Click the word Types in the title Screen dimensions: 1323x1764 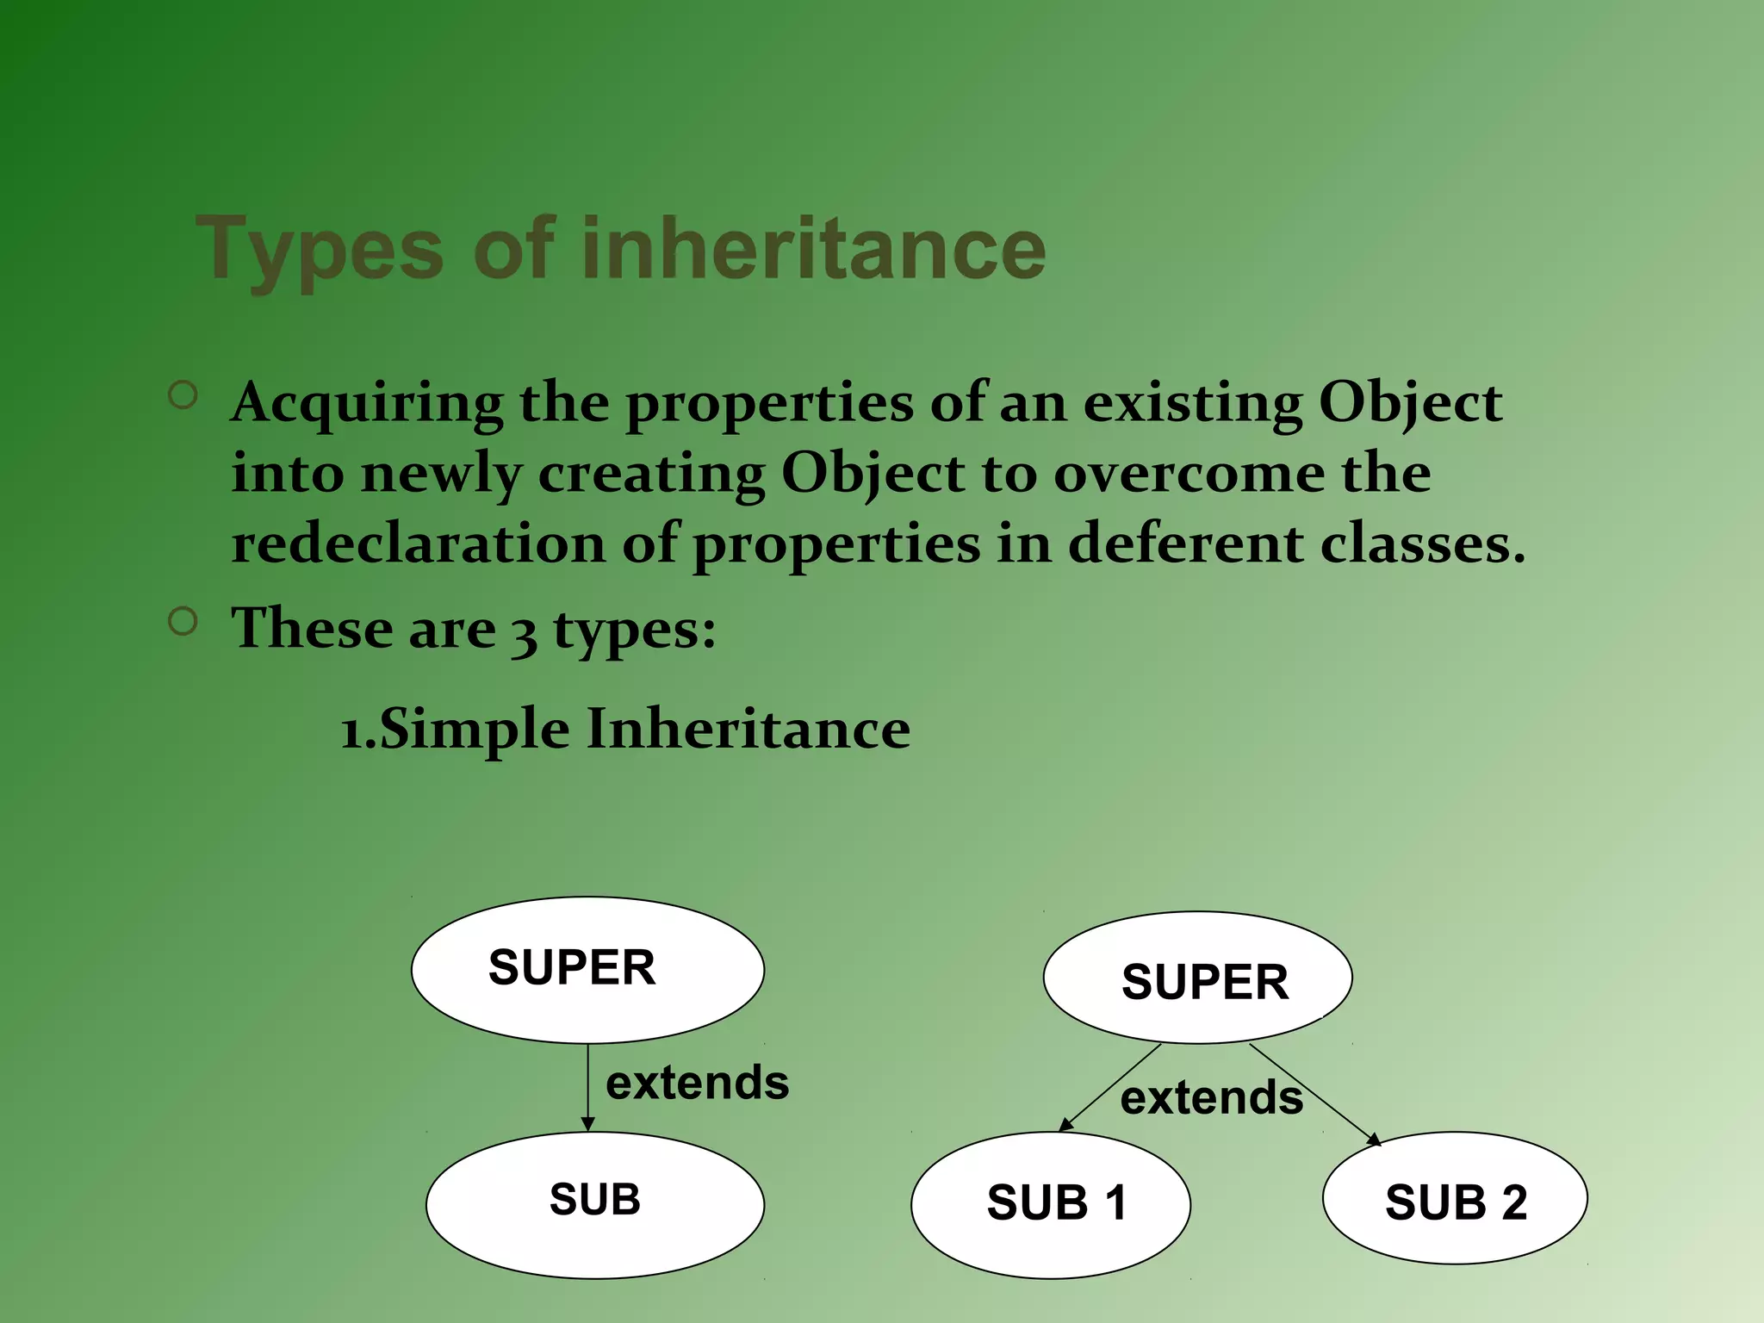[x=319, y=250]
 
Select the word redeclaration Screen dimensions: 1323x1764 [x=419, y=544]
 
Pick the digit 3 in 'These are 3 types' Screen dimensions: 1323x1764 [x=524, y=632]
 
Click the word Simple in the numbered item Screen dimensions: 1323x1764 [x=474, y=730]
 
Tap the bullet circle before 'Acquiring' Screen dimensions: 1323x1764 [x=183, y=395]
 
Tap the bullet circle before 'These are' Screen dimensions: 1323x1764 [x=183, y=621]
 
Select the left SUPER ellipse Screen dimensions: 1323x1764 [x=587, y=970]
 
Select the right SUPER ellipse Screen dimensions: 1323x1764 [x=1197, y=978]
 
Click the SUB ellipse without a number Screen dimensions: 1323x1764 [x=594, y=1204]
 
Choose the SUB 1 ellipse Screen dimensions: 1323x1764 [x=1051, y=1204]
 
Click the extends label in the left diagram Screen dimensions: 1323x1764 [x=697, y=1083]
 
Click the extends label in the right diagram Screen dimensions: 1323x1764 [x=1211, y=1098]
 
